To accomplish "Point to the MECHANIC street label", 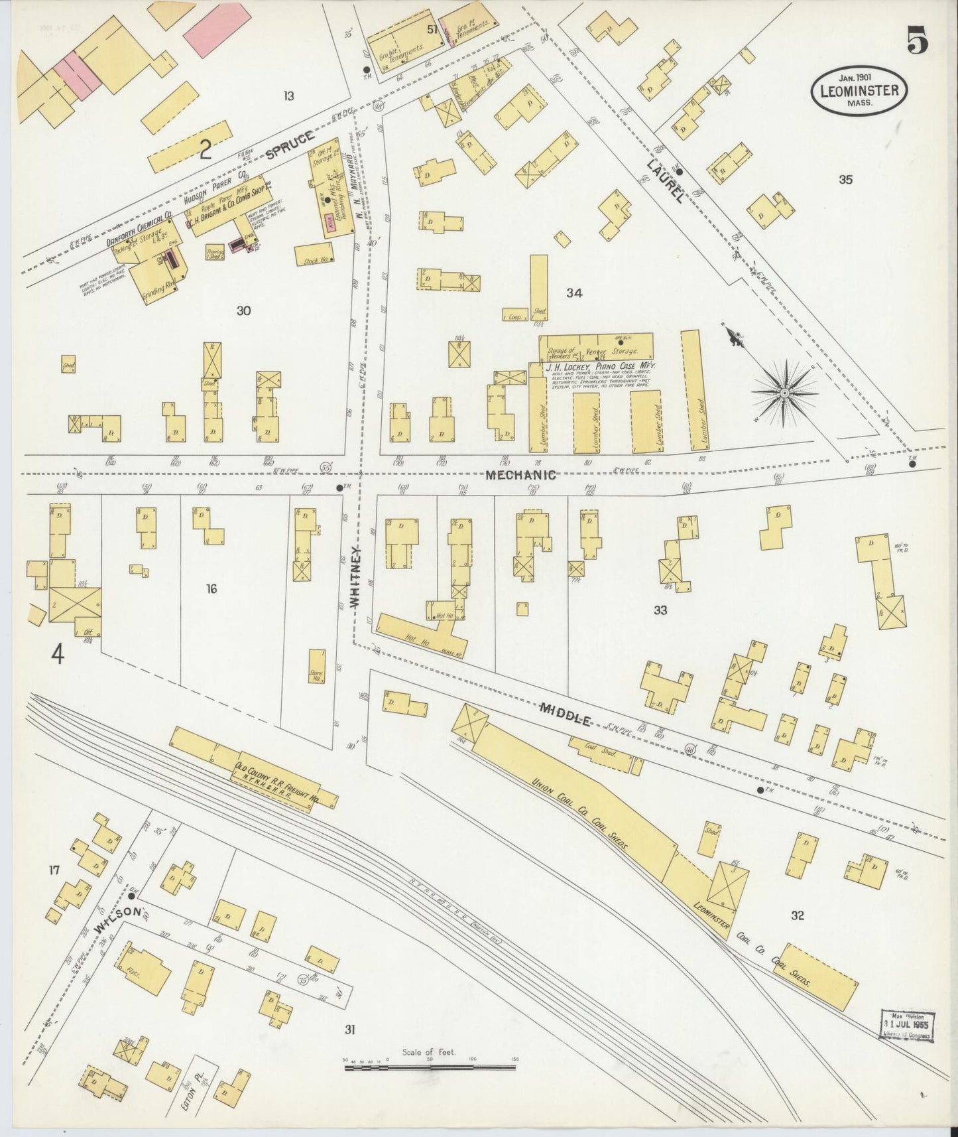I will (x=519, y=475).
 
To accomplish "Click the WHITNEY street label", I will (x=355, y=578).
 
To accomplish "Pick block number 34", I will (x=574, y=293).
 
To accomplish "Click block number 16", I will (x=211, y=588).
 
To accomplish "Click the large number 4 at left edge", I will (x=58, y=655).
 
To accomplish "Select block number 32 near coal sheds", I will (x=797, y=916).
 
